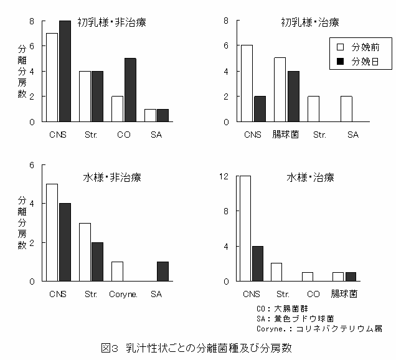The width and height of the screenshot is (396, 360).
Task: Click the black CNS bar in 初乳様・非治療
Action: [x=65, y=71]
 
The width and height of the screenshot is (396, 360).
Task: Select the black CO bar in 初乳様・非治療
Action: [x=131, y=90]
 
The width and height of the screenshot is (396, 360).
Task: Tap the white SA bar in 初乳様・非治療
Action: [x=150, y=115]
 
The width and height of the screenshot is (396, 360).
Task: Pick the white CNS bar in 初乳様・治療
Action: [x=247, y=83]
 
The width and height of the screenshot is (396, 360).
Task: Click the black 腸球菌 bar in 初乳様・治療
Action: [x=294, y=96]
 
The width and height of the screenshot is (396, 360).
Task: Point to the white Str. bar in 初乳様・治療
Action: [x=313, y=109]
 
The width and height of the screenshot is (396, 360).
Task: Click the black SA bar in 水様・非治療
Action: [x=163, y=271]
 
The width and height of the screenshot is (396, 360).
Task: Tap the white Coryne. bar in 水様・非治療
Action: [x=117, y=271]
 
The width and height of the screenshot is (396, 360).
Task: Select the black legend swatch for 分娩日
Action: [x=341, y=62]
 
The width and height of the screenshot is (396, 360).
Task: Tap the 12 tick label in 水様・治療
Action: [x=226, y=177]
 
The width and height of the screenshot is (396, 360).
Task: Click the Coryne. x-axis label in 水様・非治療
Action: [x=123, y=293]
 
